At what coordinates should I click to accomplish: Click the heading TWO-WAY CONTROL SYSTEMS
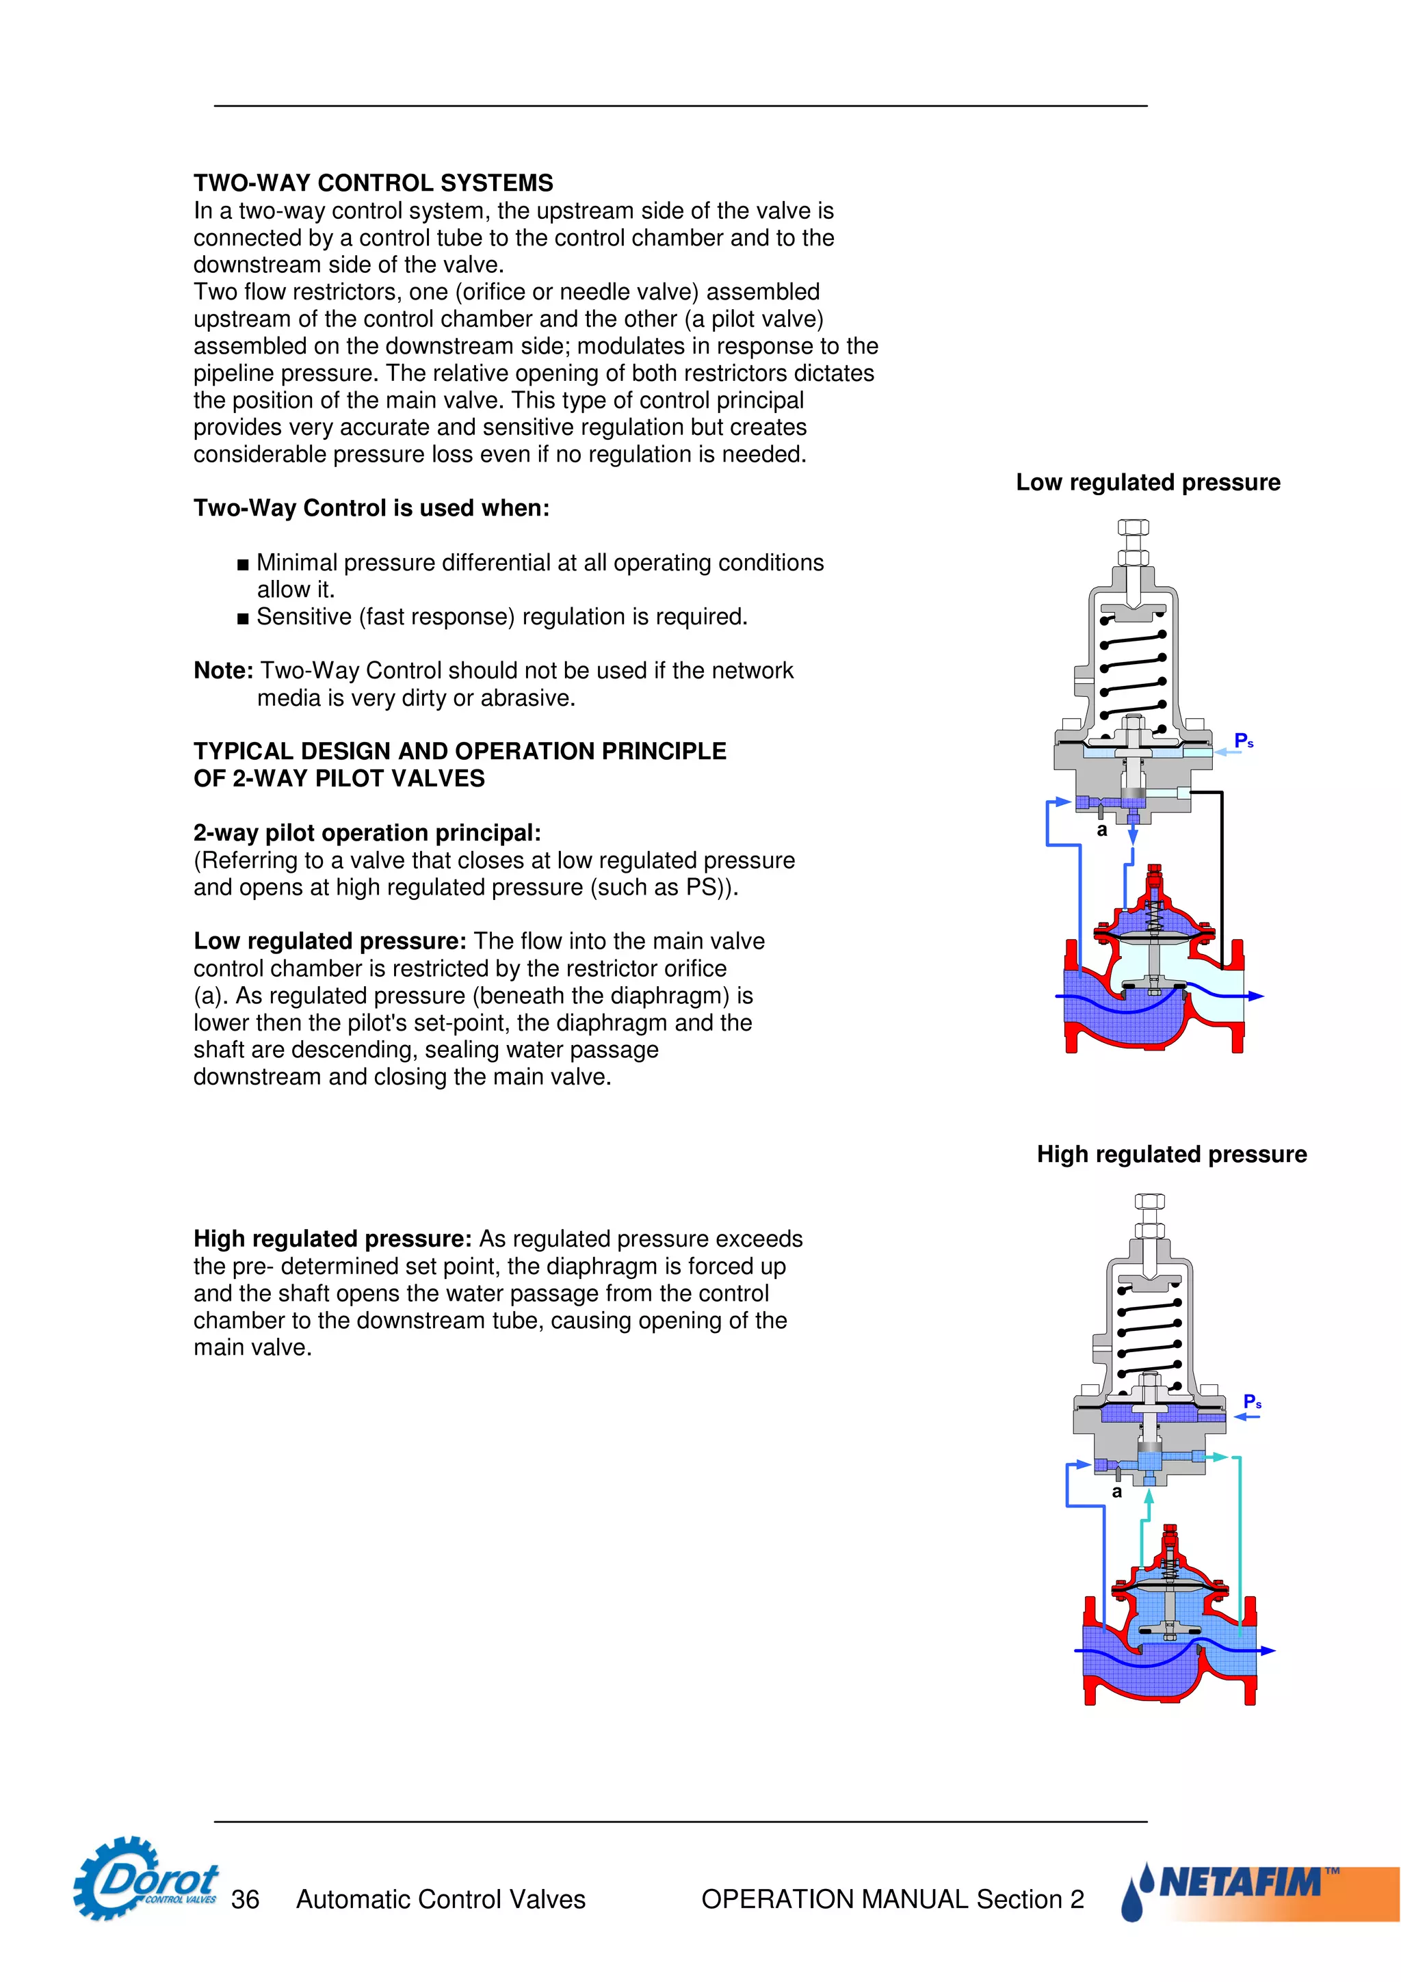point(373,183)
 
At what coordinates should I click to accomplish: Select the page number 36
point(245,1899)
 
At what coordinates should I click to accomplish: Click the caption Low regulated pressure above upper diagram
point(1147,483)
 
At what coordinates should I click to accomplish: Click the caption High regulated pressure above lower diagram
point(1171,1154)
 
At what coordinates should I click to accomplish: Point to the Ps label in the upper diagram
point(1243,741)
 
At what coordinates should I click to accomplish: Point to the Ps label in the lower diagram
point(1252,1401)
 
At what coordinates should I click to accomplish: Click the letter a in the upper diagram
point(1101,830)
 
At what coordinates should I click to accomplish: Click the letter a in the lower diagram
point(1117,1492)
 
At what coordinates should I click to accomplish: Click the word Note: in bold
point(223,671)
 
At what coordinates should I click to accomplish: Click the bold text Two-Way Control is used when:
point(371,507)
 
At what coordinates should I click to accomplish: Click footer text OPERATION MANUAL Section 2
point(892,1899)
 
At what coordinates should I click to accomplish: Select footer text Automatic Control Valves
point(441,1899)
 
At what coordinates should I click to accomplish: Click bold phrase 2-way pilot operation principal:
point(367,833)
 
